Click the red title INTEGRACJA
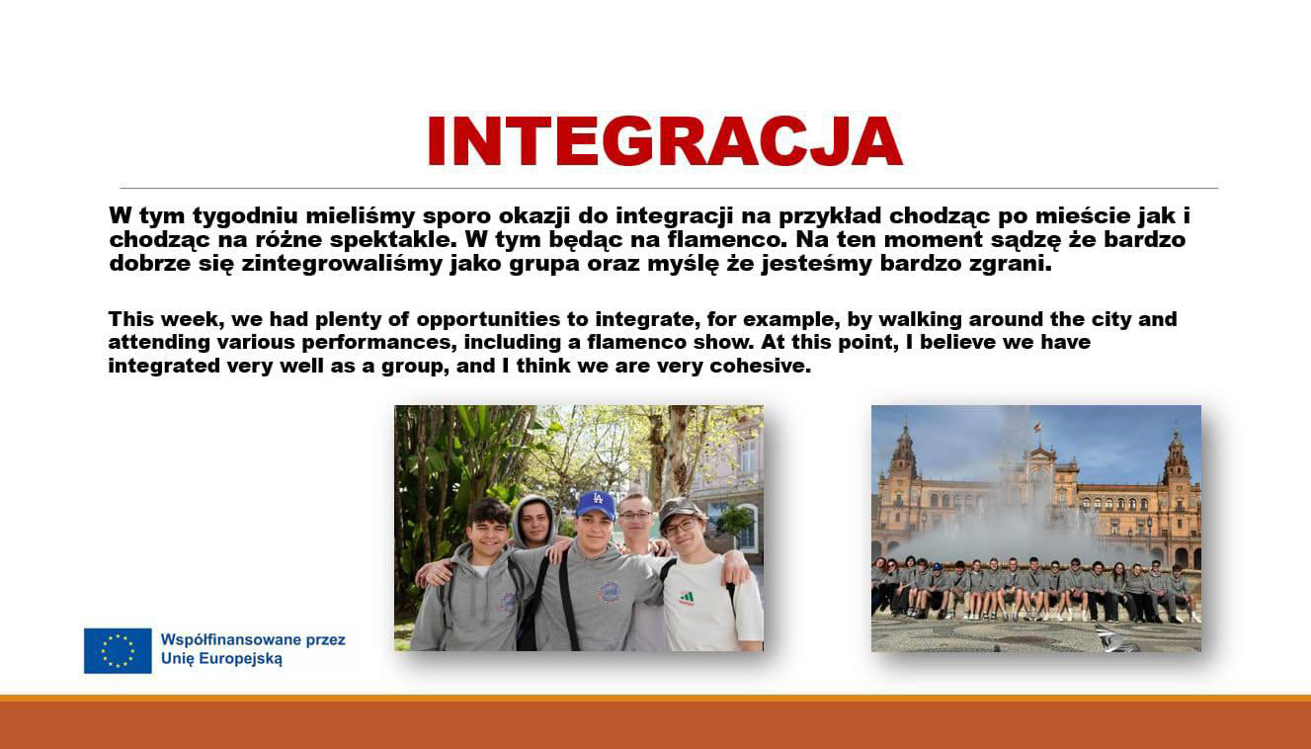666,141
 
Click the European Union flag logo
118,651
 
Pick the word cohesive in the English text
761,367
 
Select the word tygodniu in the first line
245,216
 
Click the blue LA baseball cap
596,504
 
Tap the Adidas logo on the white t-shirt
687,599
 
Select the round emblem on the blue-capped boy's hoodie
609,592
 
